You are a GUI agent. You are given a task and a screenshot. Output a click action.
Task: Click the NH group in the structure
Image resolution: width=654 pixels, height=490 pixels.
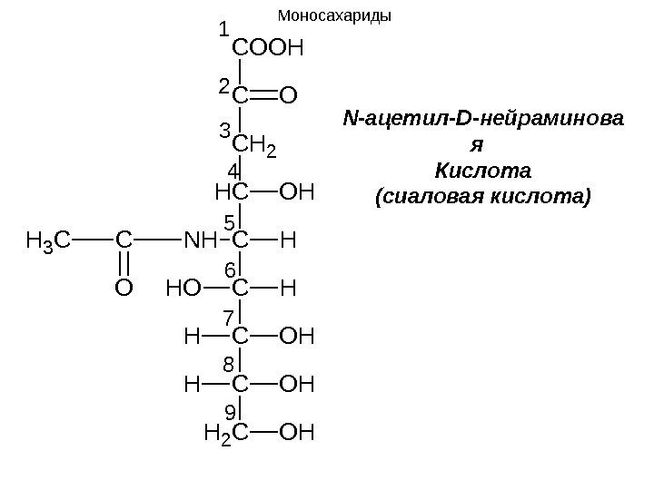coord(201,240)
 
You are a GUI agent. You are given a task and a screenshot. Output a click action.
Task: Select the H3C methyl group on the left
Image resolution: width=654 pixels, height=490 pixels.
coord(48,241)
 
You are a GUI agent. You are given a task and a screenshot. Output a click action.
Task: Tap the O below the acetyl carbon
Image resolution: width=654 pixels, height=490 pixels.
coord(124,289)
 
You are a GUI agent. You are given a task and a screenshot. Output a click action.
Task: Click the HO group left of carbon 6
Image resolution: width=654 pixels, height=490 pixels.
coord(183,289)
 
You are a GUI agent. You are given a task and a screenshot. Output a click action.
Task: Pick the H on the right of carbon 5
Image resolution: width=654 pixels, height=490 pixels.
coord(289,240)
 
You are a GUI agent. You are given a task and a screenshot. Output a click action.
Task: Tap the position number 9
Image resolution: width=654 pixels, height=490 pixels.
coord(230,412)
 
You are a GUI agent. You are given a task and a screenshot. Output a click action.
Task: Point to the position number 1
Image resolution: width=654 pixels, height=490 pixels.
coord(224,32)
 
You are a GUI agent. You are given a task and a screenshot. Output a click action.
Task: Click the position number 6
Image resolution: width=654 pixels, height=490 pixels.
coord(230,269)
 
